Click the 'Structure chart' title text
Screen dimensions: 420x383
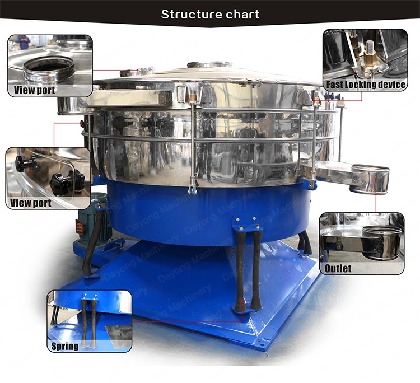point(210,14)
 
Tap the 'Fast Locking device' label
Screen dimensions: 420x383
point(366,85)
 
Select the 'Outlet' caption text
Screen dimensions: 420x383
point(338,268)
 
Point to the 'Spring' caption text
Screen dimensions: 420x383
point(65,346)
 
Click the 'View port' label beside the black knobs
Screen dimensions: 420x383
point(31,203)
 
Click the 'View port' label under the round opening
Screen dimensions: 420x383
point(35,90)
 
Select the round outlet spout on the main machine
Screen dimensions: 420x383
point(371,179)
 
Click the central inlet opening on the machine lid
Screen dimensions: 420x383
point(209,65)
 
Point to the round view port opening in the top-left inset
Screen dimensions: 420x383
point(48,68)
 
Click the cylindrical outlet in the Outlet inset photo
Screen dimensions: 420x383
point(382,242)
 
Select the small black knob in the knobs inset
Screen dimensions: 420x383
point(23,163)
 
